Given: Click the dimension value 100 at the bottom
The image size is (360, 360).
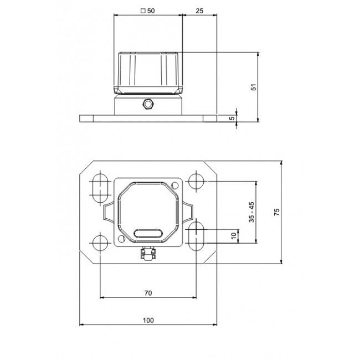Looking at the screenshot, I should pos(148,320).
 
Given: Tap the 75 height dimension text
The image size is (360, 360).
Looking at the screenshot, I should pos(277,212).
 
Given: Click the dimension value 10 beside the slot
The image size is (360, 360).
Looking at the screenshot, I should pos(234,235).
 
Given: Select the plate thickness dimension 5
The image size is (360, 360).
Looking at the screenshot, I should pos(233,117).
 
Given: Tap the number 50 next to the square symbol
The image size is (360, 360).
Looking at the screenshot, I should pos(151,11).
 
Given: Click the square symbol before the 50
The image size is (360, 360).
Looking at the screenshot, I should pos(143,11).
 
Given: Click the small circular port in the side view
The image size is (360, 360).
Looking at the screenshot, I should pos(148,104).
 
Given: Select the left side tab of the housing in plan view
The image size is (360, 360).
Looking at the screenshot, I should pos(107,212).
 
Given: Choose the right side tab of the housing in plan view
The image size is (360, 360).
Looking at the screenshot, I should pos(188,212).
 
